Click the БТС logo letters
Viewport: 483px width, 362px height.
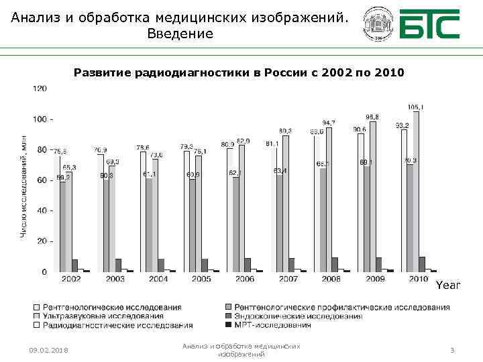429,25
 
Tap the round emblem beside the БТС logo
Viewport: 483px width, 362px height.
377,25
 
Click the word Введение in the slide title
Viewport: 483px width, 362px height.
180,34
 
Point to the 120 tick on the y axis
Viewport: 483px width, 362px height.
40,88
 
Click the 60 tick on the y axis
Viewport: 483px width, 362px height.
42,180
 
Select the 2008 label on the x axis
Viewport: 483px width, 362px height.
331,279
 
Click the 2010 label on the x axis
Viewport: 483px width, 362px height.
418,279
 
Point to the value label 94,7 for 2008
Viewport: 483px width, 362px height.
329,123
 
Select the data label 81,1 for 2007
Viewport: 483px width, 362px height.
272,143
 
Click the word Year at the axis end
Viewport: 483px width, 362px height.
448,286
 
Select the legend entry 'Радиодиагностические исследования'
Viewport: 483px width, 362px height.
117,325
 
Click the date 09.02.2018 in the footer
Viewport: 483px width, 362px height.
48,351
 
